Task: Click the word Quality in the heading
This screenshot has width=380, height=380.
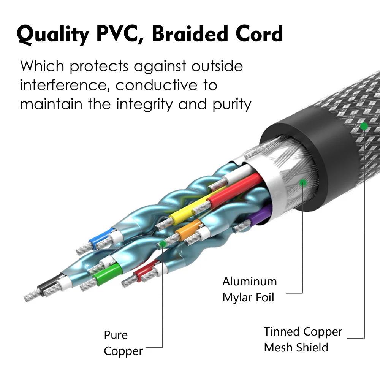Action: point(53,35)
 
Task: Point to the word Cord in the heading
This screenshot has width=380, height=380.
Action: point(259,33)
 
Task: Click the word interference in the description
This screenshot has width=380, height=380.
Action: point(63,85)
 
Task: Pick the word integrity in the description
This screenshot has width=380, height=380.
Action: point(144,105)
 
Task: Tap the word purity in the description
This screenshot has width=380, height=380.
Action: point(232,105)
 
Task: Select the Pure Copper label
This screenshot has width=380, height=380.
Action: point(123,343)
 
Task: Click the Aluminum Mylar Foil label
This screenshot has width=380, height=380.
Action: point(249,289)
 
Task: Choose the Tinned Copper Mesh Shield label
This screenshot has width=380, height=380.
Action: point(303,339)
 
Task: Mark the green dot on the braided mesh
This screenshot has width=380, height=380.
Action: point(364,126)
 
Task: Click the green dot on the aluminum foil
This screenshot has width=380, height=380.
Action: point(303,182)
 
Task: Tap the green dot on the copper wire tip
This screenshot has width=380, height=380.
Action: point(163,244)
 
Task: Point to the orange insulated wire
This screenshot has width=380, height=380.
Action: point(189,229)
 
